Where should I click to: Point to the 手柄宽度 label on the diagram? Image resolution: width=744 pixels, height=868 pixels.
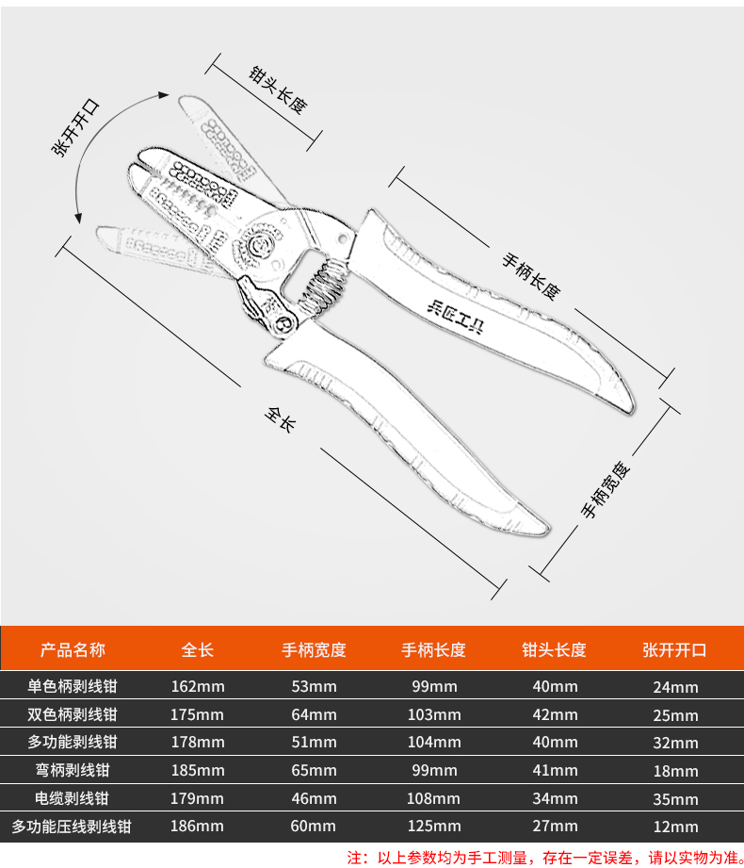[605, 490]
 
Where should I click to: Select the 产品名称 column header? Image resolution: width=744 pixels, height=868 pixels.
[73, 650]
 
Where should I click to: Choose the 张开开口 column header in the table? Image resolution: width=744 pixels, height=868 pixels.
[674, 650]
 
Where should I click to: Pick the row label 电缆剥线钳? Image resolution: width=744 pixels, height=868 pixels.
[73, 798]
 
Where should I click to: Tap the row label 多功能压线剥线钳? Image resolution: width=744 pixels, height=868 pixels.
[73, 827]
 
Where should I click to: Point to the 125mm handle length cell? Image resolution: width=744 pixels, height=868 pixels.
[434, 827]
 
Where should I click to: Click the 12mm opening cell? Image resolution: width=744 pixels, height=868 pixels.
[675, 827]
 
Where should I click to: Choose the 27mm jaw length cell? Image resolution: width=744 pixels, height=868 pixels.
[555, 827]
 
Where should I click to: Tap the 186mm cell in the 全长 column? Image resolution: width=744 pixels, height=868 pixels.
[198, 827]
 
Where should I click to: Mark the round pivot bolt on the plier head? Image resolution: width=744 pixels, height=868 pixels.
[258, 245]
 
